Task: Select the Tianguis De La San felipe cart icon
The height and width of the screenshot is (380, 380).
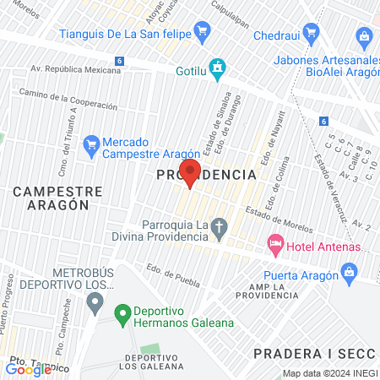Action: pyautogui.click(x=201, y=34)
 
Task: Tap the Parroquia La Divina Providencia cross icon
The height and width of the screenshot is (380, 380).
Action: pyautogui.click(x=219, y=228)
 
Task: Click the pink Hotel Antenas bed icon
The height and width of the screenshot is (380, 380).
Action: pyautogui.click(x=274, y=246)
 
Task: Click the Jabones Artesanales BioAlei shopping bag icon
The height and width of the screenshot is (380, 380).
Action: pyautogui.click(x=364, y=36)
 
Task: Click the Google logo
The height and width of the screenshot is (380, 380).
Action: pyautogui.click(x=28, y=369)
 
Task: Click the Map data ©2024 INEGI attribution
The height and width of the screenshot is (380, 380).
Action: pyautogui.click(x=329, y=373)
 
